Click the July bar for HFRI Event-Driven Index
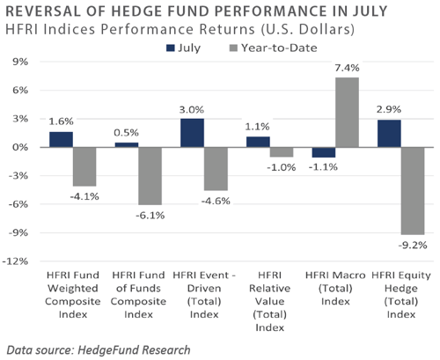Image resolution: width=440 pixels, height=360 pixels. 192,133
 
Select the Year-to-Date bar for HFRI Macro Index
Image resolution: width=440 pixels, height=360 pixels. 347,112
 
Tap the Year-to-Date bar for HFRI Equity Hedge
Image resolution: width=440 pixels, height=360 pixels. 413,191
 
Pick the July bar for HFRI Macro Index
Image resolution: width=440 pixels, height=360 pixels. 324,152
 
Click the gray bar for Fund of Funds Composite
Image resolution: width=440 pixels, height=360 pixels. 150,176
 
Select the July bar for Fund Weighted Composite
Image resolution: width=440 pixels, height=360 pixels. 61,139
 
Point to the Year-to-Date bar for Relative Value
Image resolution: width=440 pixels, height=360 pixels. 282,152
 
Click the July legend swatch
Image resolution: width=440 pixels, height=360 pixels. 170,48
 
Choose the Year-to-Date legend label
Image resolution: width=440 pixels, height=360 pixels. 279,48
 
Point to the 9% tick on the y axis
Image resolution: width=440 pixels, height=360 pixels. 20,62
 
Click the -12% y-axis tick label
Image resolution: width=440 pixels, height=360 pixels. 15,261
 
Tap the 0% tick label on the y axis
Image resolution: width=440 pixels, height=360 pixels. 20,147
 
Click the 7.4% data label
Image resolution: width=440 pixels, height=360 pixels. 347,68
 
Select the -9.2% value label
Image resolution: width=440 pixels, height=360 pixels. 413,245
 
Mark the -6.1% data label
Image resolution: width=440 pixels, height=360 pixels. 150,216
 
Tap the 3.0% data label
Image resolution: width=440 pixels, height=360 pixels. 192,110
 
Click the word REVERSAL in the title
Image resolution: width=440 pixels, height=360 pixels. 43,11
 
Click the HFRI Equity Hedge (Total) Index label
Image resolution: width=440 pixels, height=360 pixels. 401,295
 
